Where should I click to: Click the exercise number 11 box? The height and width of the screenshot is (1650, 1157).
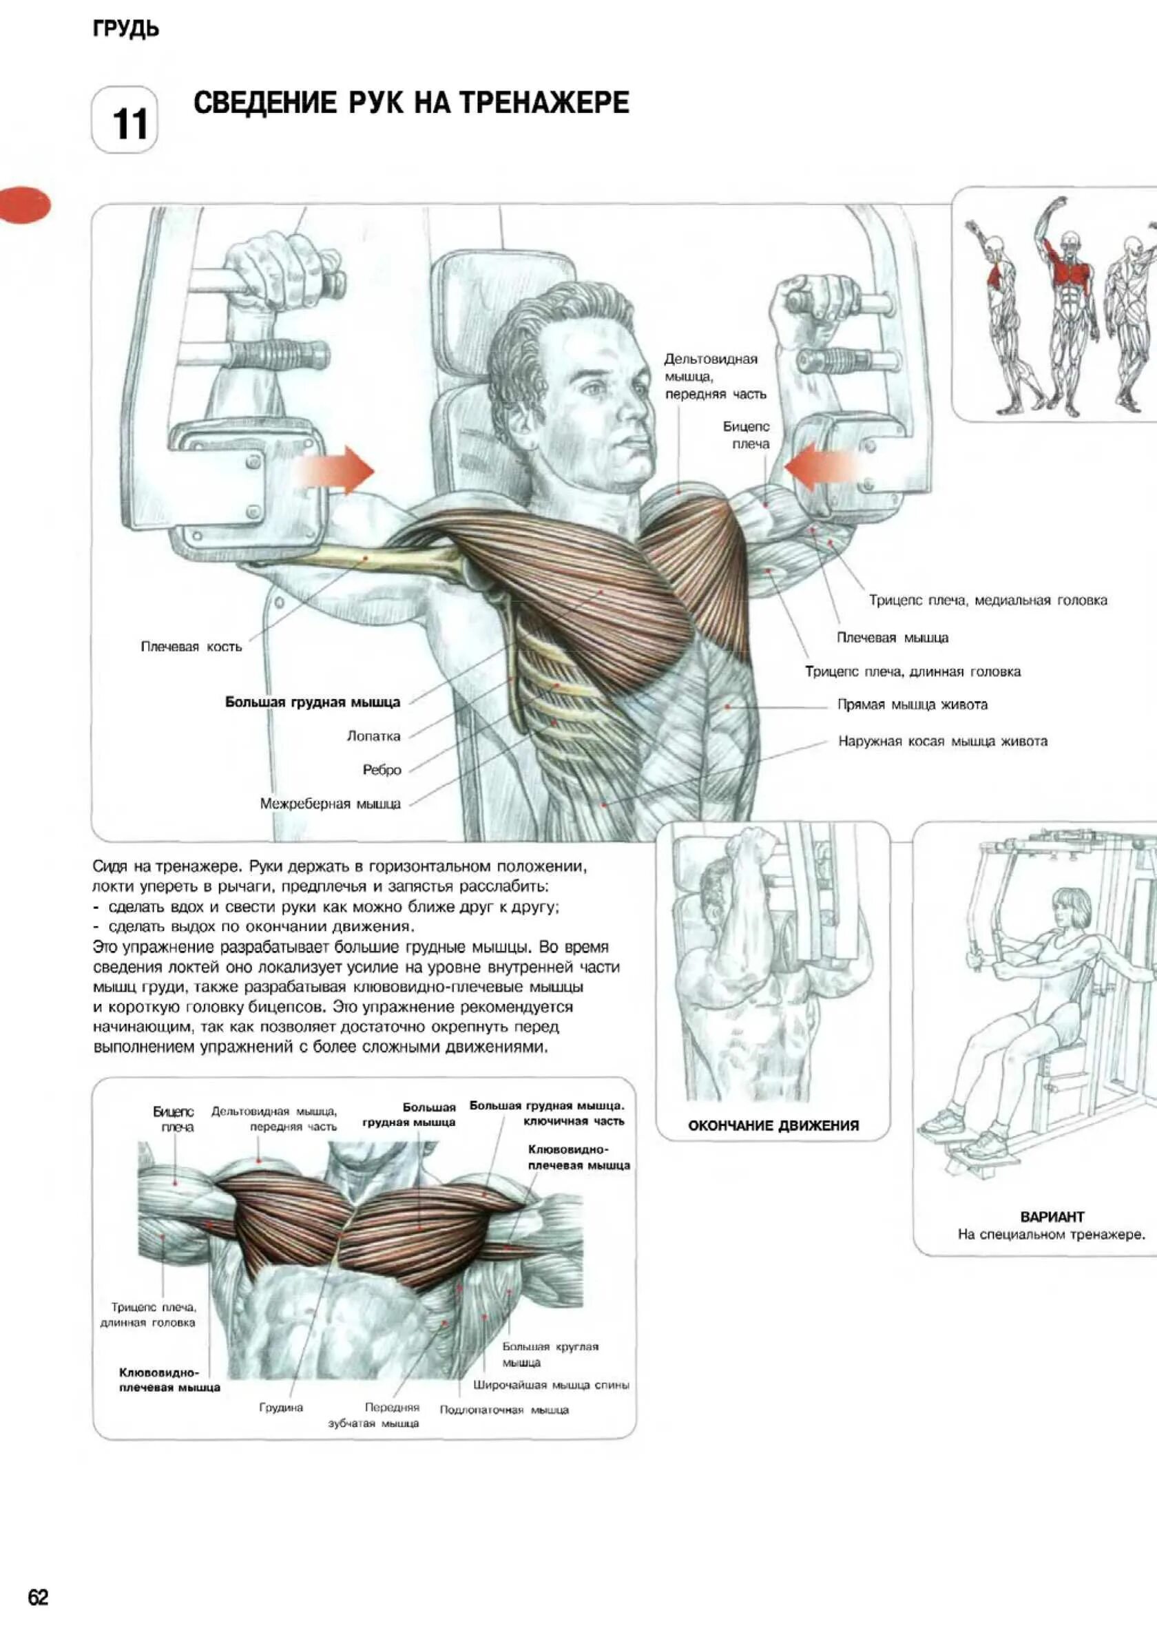coord(125,121)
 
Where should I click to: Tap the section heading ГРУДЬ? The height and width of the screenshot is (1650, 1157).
coord(126,30)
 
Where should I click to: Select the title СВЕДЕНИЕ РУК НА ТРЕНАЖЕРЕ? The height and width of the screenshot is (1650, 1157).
coord(411,103)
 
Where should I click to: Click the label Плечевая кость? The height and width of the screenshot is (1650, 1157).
coord(191,647)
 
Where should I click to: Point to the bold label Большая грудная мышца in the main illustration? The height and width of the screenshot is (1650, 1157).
coord(313,702)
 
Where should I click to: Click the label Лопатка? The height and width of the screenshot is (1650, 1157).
coord(374,736)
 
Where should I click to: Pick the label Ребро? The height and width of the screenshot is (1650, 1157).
coord(382,770)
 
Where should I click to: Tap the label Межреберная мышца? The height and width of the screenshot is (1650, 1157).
coord(331,804)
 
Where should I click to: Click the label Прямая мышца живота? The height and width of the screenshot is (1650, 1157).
coord(912,704)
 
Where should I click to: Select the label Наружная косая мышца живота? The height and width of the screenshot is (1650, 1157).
coord(943,741)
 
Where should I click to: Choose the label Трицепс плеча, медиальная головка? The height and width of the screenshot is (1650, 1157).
coord(988,600)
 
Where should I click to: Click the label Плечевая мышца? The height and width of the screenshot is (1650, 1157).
coord(893,638)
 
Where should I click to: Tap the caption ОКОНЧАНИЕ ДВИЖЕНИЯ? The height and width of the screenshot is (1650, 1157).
coord(773,1125)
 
